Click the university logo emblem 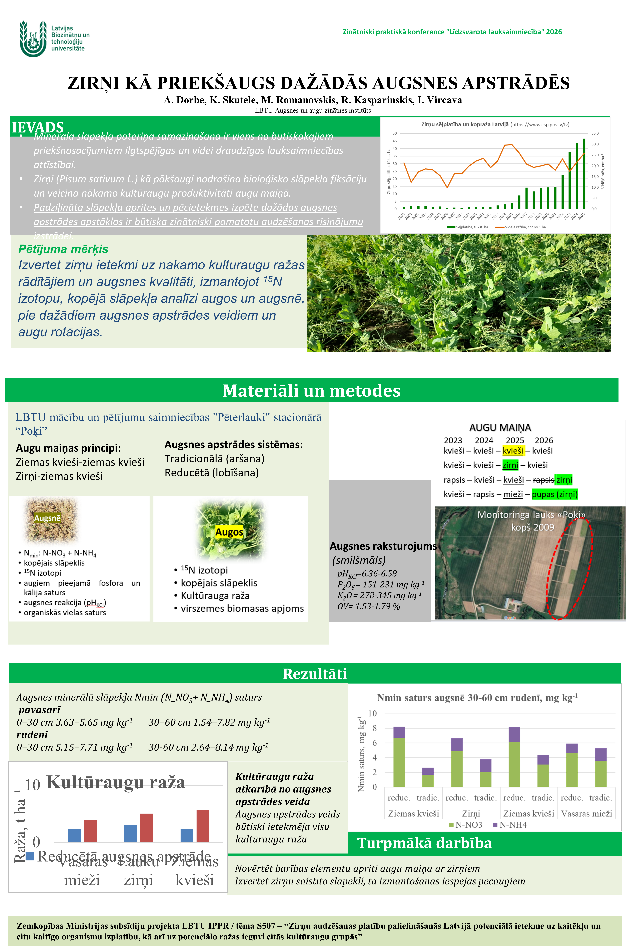(33, 39)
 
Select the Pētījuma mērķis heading (63, 249)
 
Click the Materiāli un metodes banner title (311, 391)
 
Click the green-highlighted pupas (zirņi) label (554, 494)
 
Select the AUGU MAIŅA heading (500, 428)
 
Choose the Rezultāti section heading (315, 674)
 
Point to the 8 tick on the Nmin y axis (375, 728)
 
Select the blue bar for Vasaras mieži (74, 835)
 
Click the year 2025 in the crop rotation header (515, 440)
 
